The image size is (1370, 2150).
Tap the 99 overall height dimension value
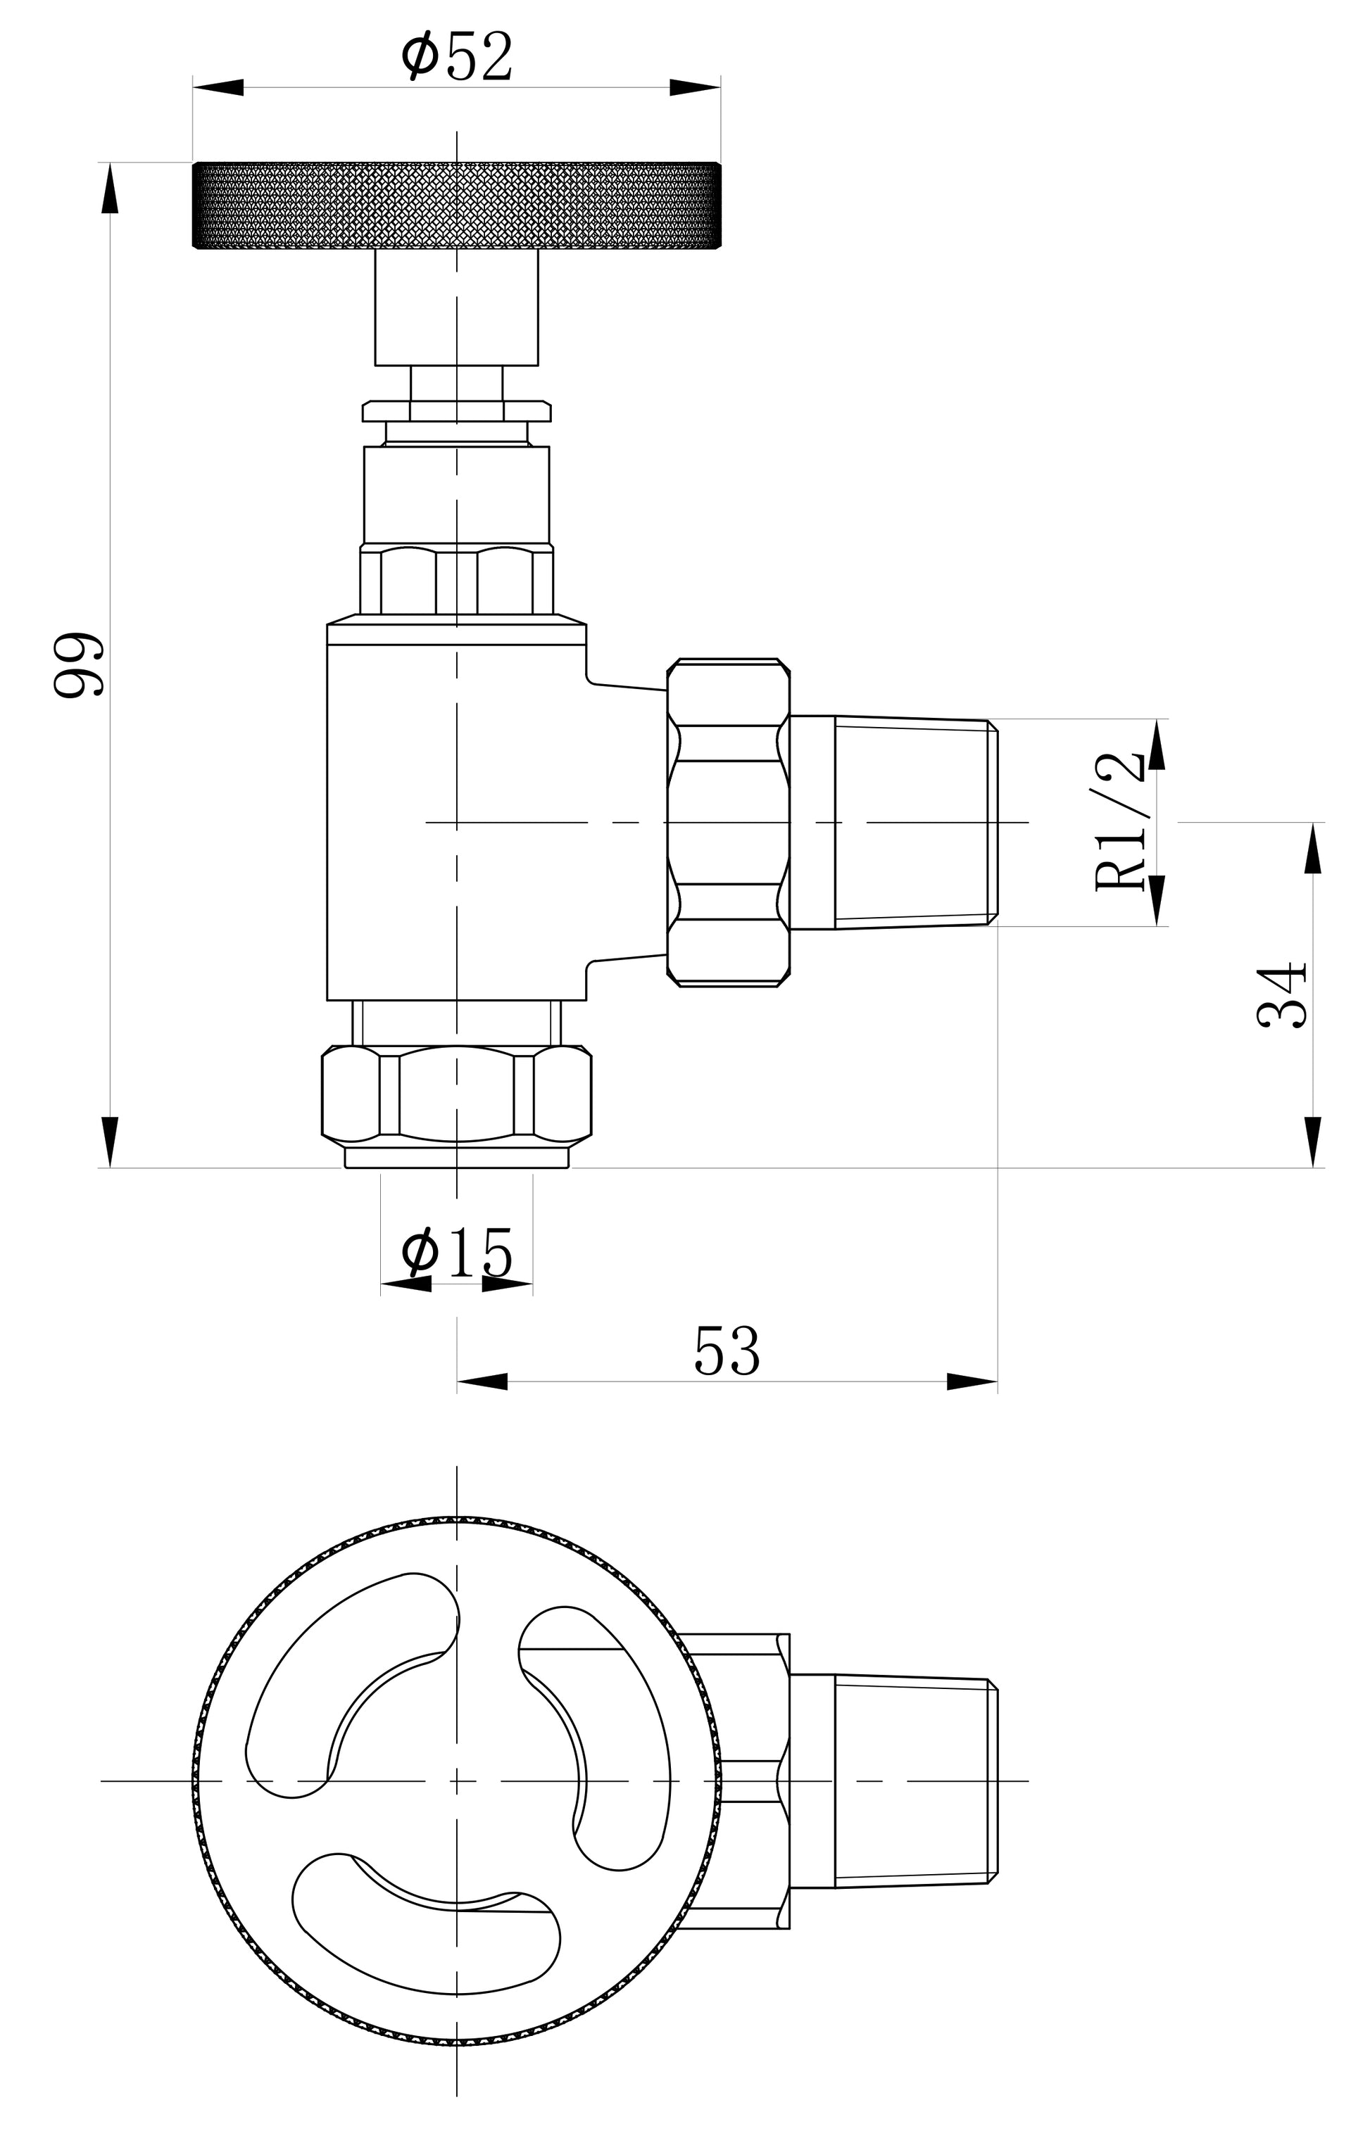pyautogui.click(x=79, y=665)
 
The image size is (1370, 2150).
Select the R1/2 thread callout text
pyautogui.click(x=1119, y=821)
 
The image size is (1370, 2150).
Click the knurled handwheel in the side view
pyautogui.click(x=456, y=205)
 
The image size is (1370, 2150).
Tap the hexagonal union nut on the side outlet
pyautogui.click(x=728, y=822)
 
